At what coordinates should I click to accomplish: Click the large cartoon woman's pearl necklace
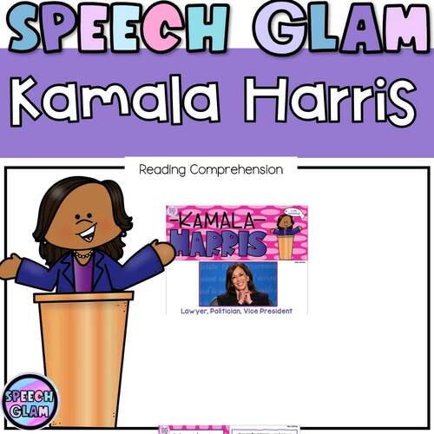pos(84,256)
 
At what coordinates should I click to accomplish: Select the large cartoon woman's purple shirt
pos(83,276)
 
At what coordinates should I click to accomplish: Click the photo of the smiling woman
pos(236,284)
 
